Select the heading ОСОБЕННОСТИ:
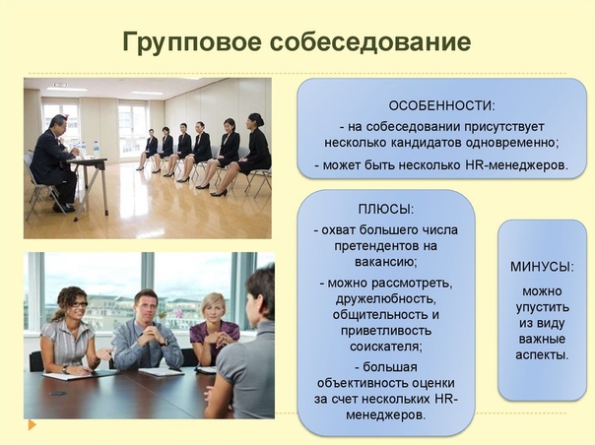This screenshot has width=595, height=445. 441,106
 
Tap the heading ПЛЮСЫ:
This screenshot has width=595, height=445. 386,210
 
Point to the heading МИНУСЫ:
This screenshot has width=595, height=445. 542,267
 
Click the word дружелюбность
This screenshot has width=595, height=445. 386,299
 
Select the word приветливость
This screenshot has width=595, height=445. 386,331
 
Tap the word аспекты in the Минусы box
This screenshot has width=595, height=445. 542,354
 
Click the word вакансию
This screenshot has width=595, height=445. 386,262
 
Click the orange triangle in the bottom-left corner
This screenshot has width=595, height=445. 33,425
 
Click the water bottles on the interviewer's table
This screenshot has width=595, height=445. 88,149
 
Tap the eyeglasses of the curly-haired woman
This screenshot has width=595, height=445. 79,304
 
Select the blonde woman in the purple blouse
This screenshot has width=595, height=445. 213,329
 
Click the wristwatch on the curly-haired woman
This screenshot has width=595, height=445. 65,369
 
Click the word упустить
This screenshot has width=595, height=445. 542,307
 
